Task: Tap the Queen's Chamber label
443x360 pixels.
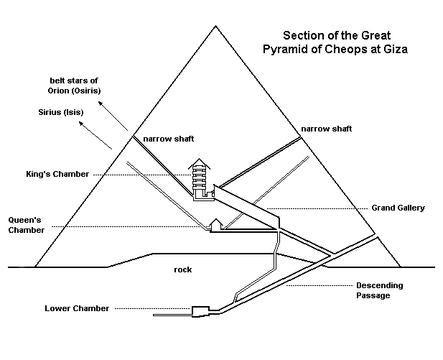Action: [27, 225]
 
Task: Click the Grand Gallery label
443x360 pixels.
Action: [398, 208]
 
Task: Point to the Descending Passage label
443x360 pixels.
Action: [379, 290]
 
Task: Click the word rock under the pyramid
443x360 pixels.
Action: [182, 269]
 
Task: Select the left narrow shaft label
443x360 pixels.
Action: [168, 139]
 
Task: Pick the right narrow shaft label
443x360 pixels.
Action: [326, 129]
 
